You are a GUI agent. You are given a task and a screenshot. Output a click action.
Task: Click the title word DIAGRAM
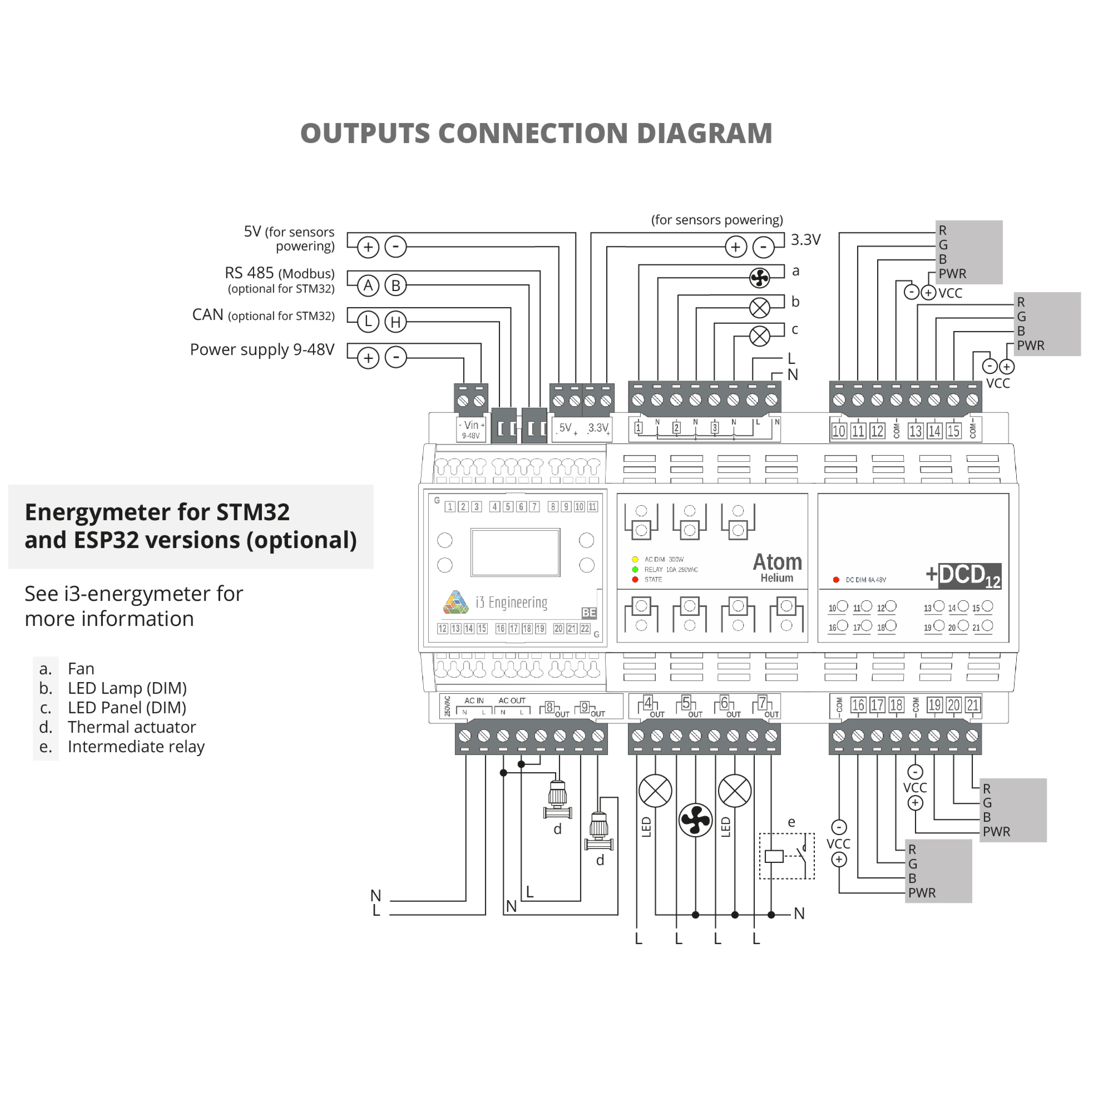point(704,134)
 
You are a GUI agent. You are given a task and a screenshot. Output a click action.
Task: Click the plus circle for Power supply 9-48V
point(368,358)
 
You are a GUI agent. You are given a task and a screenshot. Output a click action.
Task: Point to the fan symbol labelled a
point(759,278)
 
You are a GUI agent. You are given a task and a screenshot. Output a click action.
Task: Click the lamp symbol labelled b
point(759,308)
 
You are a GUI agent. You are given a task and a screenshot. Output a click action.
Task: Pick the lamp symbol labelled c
point(759,336)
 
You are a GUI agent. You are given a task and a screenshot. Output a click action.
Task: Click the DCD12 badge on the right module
point(969,576)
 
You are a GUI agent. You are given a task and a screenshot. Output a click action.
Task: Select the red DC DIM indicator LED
point(836,580)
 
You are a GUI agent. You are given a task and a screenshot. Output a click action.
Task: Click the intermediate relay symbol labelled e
point(787,856)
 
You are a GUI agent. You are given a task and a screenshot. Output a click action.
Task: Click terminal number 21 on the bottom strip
point(973,705)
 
